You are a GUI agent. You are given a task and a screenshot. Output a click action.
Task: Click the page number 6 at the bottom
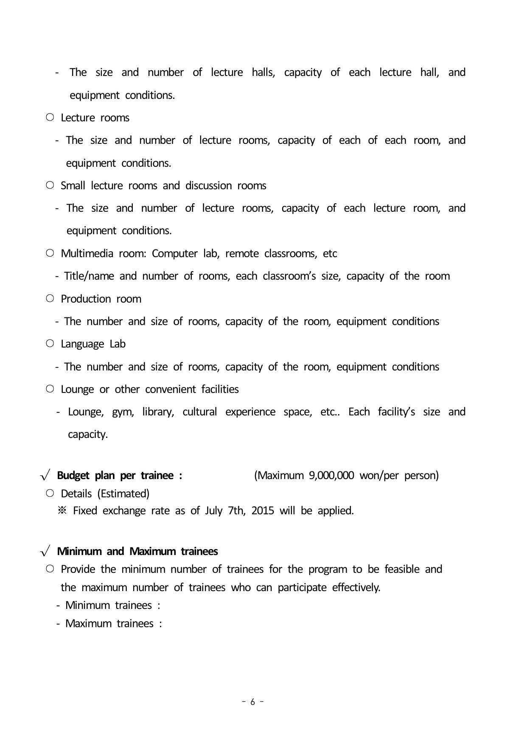[253, 702]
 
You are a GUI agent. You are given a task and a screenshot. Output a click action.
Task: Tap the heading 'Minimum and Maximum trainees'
[137, 551]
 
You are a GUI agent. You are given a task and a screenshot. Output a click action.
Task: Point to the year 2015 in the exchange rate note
[263, 510]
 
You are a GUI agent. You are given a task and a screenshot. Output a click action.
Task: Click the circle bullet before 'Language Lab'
[50, 344]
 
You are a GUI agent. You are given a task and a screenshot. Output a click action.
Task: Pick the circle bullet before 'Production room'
[50, 299]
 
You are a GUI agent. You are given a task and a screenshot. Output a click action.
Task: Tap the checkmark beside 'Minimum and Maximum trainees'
[45, 552]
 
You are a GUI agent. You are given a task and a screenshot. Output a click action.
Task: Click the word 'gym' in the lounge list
[123, 412]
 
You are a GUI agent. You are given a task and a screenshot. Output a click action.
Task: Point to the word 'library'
[158, 412]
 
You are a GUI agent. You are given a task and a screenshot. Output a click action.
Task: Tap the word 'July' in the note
[213, 510]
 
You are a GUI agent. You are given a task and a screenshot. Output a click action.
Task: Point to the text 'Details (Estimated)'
[105, 493]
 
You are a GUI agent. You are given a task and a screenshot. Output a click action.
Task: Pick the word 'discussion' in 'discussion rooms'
[208, 186]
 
